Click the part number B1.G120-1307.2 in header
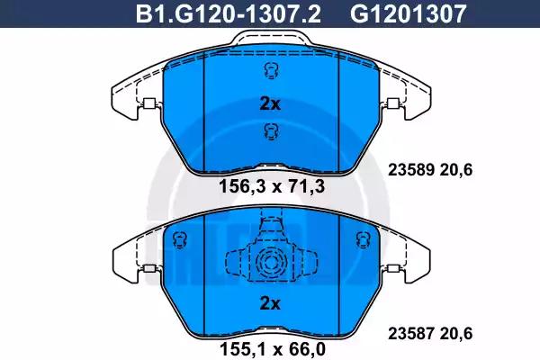[229, 14]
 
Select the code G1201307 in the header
[409, 14]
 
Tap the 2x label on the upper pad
[270, 103]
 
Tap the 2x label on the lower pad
[270, 302]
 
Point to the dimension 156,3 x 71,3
[272, 187]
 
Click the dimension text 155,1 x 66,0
[273, 350]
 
